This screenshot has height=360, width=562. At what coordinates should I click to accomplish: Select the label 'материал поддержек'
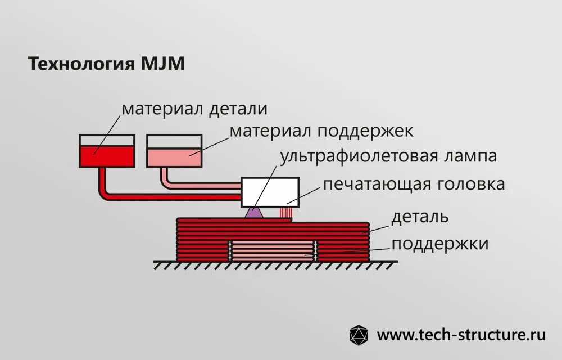321,131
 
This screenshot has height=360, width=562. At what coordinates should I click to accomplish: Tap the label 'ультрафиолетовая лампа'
389,156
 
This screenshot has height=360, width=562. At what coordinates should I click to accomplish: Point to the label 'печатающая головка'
414,184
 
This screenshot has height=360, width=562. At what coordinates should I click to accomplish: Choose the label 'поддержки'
440,244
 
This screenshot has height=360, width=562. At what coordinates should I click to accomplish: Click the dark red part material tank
107,155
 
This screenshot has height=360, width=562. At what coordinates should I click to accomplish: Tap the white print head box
270,191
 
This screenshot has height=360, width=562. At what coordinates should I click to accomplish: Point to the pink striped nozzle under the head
287,213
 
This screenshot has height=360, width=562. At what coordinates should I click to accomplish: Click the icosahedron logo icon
359,335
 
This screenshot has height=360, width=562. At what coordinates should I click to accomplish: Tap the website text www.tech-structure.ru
461,335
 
